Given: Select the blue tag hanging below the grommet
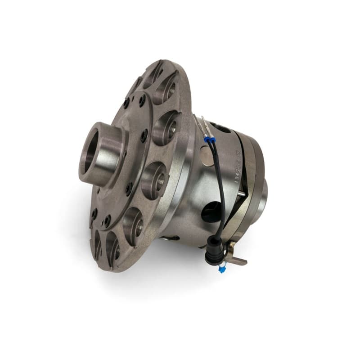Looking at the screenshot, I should [x=221, y=269].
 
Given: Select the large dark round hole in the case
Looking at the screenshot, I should [x=211, y=211].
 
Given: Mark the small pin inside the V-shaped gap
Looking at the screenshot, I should [x=243, y=193].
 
